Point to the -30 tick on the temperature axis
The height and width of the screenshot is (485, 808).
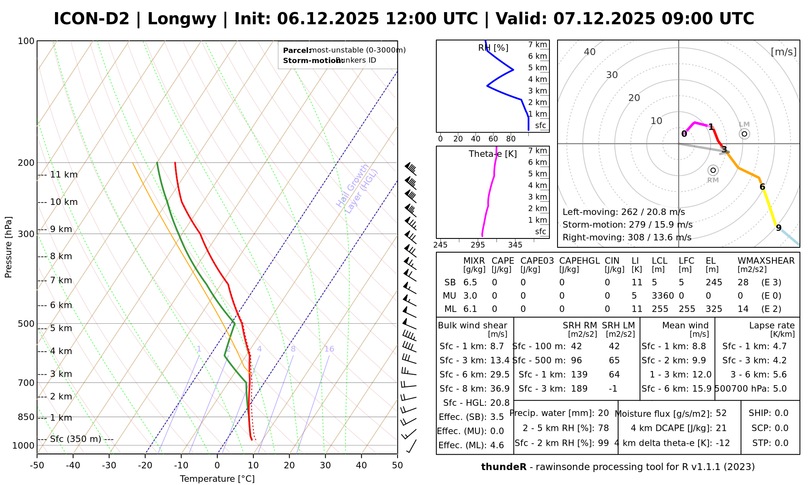(109, 465)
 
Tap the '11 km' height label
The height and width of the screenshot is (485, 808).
(63, 175)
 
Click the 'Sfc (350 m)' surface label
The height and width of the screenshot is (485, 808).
(76, 439)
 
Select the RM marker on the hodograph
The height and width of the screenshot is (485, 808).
(713, 170)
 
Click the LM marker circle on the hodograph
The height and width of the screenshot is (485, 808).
(744, 134)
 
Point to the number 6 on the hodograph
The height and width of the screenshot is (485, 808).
(762, 187)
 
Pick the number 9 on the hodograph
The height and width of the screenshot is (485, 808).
(779, 228)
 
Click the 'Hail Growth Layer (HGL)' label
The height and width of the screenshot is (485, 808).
(357, 188)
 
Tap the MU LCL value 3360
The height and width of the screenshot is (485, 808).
(663, 296)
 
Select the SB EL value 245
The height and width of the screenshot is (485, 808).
(714, 283)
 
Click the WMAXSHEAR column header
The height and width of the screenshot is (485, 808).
(766, 261)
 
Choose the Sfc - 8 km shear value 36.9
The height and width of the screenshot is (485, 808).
(500, 389)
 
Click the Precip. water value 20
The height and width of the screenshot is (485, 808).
(603, 413)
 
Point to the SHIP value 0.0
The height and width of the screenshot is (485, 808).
(781, 413)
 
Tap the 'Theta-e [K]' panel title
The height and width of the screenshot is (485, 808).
(493, 154)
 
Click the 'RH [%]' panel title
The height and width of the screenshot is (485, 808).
(493, 48)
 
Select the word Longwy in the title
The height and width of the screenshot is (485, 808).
(182, 19)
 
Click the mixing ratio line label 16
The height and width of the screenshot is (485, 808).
(329, 349)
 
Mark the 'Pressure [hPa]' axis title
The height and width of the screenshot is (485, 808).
(8, 247)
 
